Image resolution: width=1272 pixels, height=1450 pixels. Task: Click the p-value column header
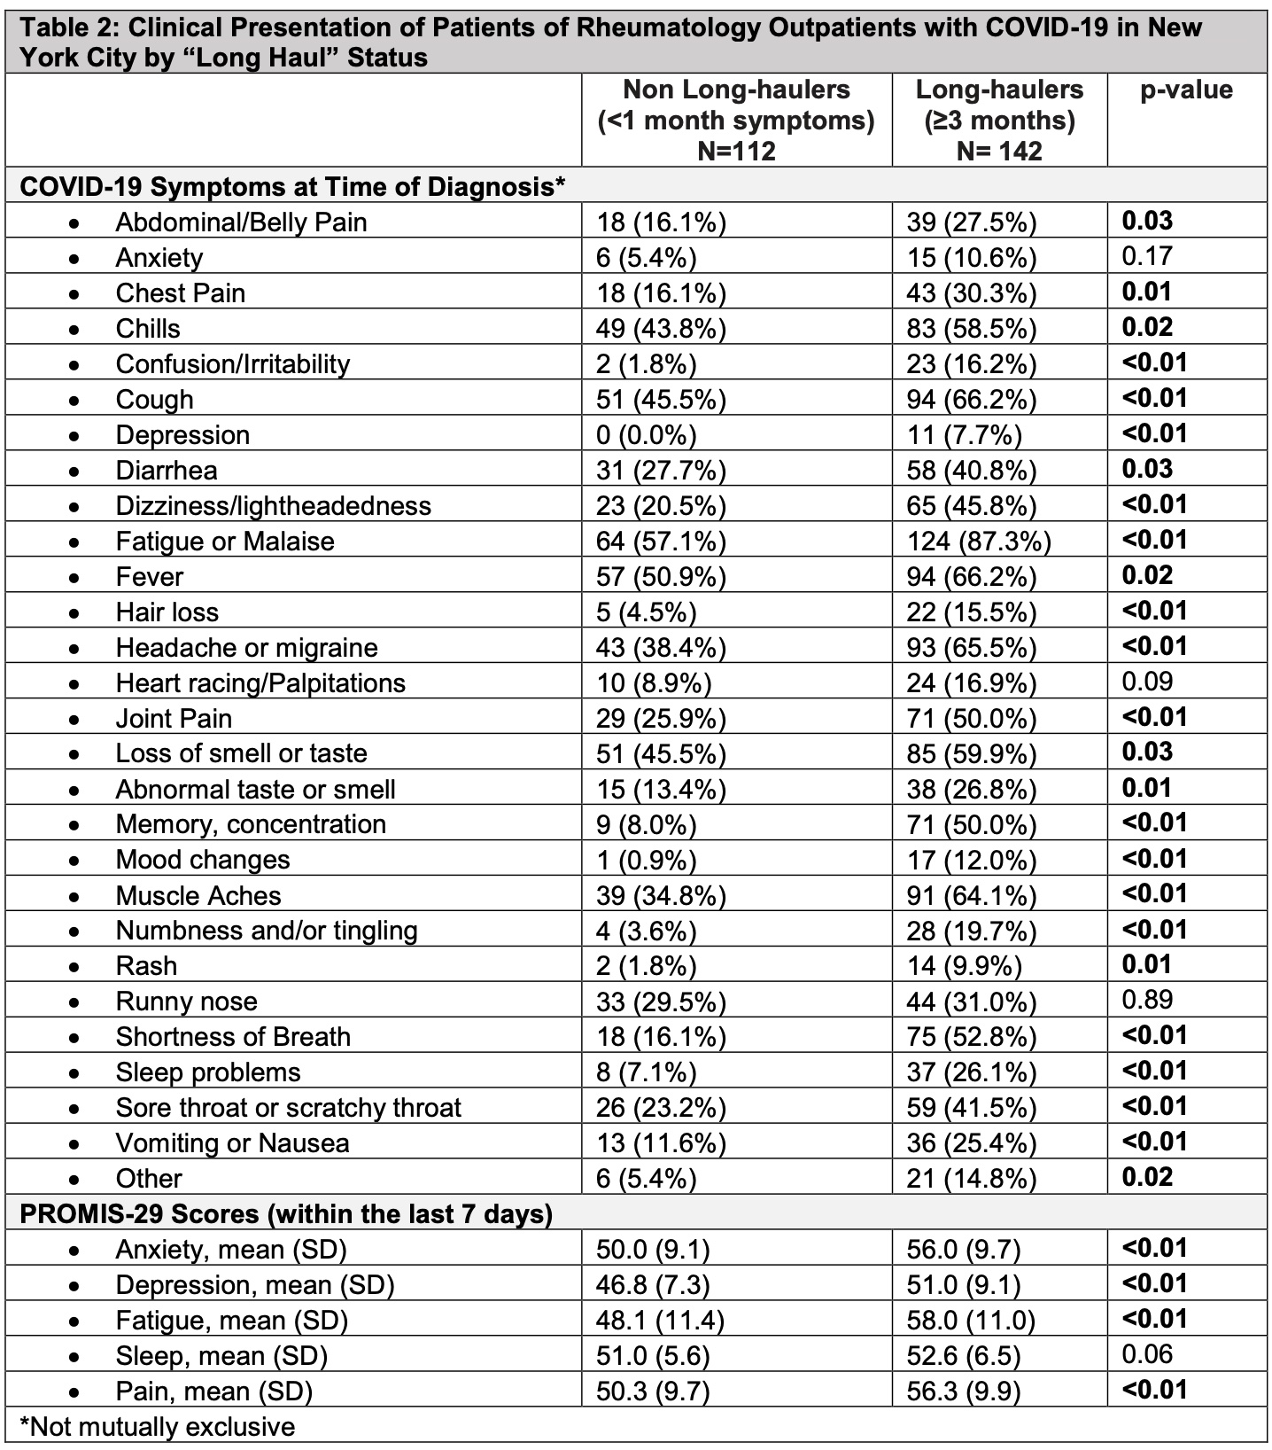(1186, 90)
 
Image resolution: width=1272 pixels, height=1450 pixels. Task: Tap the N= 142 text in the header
(999, 151)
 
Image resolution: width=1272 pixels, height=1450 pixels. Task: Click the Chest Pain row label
(180, 292)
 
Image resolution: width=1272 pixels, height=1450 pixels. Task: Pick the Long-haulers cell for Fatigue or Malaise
(978, 541)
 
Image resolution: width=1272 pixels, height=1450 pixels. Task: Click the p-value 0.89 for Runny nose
(1147, 1000)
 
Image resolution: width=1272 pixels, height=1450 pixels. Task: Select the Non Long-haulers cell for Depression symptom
(646, 434)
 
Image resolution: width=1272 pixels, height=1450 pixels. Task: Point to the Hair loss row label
(167, 612)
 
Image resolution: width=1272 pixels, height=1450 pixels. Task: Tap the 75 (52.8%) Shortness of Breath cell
(971, 1036)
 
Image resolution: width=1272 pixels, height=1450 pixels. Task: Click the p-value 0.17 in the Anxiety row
(1147, 256)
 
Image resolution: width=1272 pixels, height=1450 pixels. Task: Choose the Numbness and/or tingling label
(266, 930)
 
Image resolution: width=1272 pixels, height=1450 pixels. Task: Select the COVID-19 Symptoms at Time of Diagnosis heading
(292, 187)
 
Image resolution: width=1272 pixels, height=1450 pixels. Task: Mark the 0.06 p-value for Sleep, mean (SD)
(1147, 1353)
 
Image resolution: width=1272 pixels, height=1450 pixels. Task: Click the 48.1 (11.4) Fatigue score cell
(660, 1320)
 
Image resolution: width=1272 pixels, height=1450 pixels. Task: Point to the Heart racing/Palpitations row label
(260, 682)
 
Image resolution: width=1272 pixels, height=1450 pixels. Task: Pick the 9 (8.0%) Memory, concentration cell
(646, 824)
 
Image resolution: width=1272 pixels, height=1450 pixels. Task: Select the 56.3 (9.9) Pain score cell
(963, 1391)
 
